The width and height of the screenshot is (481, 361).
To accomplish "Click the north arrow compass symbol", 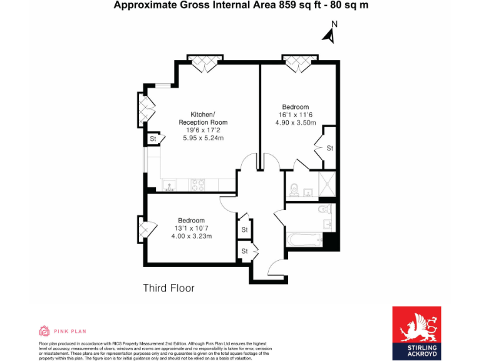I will [x=329, y=34].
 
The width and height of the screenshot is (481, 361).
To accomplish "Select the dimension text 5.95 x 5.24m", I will [x=203, y=138].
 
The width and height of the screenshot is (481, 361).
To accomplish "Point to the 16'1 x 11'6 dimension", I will [x=295, y=115].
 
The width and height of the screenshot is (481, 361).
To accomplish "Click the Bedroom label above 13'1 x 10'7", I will [x=191, y=220].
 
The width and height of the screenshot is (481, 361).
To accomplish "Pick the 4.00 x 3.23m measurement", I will [x=191, y=236].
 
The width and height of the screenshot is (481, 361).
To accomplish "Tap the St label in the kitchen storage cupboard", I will [x=153, y=139].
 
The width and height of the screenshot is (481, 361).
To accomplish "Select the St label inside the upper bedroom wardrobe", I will [x=329, y=148].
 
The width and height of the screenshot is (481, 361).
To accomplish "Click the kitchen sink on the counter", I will [x=169, y=185].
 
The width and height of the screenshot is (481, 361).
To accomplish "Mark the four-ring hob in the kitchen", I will [x=198, y=185].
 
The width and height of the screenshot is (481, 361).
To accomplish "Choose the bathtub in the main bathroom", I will [x=303, y=240].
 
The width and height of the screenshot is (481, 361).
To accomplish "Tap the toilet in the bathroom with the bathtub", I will [x=324, y=209].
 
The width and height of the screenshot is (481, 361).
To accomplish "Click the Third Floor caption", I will [x=168, y=288].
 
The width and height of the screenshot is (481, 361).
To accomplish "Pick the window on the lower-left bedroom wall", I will [x=144, y=229].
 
